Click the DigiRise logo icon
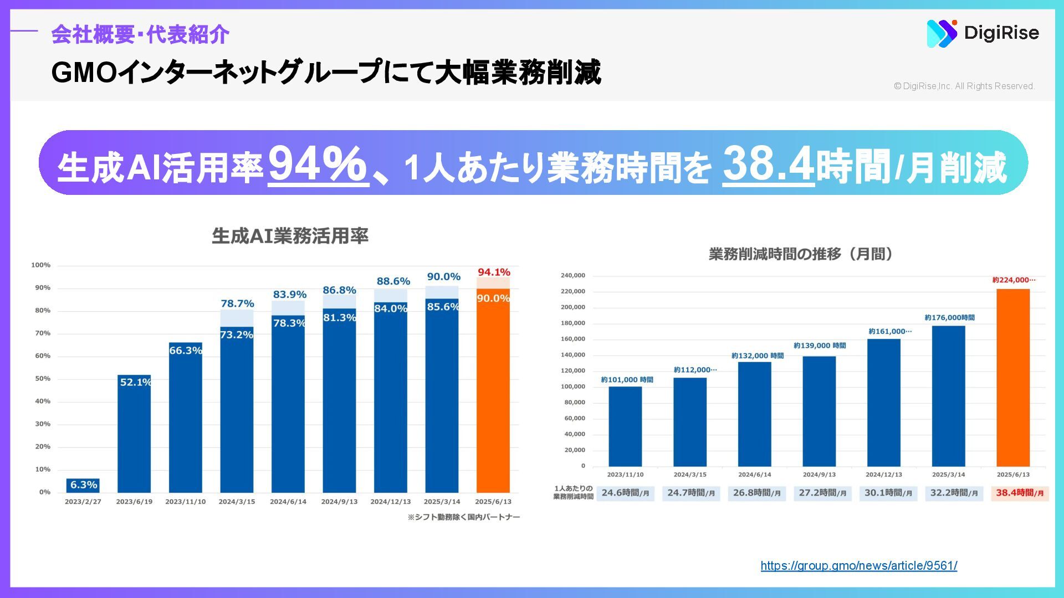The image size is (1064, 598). coord(942,33)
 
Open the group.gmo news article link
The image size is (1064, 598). coord(858,565)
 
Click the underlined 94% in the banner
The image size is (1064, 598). coord(318,164)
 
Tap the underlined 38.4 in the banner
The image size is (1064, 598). coord(768,164)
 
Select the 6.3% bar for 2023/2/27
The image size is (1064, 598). coord(83,485)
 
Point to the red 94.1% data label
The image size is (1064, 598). coord(494,272)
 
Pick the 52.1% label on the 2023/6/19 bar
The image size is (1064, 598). coord(135,382)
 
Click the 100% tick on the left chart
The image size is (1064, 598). coord(41,265)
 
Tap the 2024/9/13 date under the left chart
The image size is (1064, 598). coord(339,502)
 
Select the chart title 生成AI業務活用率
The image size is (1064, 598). coord(290,236)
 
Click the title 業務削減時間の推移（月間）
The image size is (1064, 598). coord(801,254)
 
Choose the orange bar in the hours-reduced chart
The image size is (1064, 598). coord(1013,377)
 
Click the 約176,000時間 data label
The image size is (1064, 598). coord(949,317)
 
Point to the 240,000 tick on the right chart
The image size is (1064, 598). coord(573,275)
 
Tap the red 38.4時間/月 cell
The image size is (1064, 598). coord(1020,493)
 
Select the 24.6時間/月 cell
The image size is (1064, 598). coord(625,493)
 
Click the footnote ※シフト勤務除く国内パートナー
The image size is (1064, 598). coord(464,517)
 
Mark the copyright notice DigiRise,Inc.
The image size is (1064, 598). coord(964,86)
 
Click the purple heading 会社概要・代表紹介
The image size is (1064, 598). coord(140,34)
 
